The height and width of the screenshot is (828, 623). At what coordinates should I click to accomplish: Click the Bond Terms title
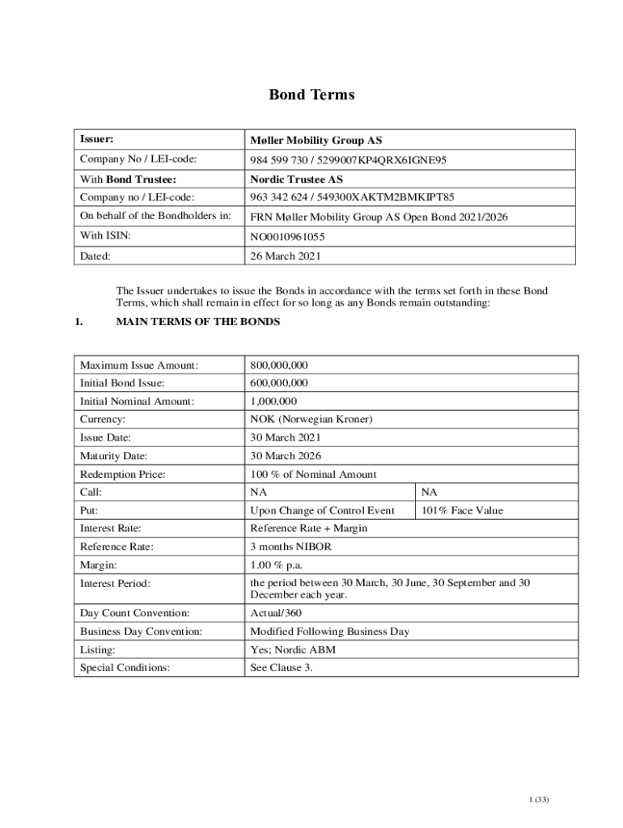pyautogui.click(x=311, y=95)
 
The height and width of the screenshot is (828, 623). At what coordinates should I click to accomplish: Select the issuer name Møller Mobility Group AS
pyautogui.click(x=316, y=141)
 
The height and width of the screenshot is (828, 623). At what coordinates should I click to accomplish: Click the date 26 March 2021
pyautogui.click(x=286, y=256)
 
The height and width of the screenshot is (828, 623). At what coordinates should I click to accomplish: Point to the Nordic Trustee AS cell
pyautogui.click(x=296, y=180)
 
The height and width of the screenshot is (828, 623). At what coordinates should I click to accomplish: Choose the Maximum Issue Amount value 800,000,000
pyautogui.click(x=279, y=365)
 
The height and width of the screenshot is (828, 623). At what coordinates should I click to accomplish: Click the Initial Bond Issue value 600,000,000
pyautogui.click(x=279, y=383)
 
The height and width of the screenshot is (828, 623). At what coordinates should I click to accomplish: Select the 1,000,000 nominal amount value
pyautogui.click(x=273, y=401)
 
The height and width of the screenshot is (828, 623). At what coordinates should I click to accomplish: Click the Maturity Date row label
pyautogui.click(x=113, y=456)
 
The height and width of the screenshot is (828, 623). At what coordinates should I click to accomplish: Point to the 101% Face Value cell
pyautogui.click(x=462, y=510)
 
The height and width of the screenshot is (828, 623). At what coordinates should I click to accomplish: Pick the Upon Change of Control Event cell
pyautogui.click(x=323, y=510)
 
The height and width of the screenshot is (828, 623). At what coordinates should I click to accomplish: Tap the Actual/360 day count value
pyautogui.click(x=276, y=614)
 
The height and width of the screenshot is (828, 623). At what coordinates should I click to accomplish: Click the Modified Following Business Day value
pyautogui.click(x=330, y=632)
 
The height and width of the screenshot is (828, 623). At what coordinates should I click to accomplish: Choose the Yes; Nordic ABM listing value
pyautogui.click(x=293, y=649)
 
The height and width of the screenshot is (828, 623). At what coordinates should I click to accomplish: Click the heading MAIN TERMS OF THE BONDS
pyautogui.click(x=198, y=322)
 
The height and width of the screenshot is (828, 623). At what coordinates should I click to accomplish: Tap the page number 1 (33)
pyautogui.click(x=539, y=800)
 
